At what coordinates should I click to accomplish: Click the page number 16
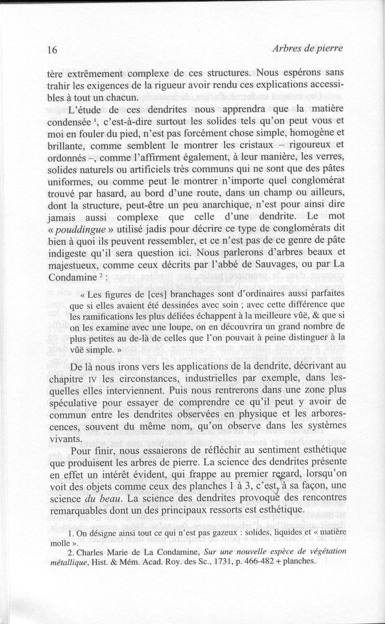(52, 50)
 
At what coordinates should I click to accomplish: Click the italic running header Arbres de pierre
(307, 48)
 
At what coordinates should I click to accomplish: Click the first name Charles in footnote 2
(94, 552)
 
